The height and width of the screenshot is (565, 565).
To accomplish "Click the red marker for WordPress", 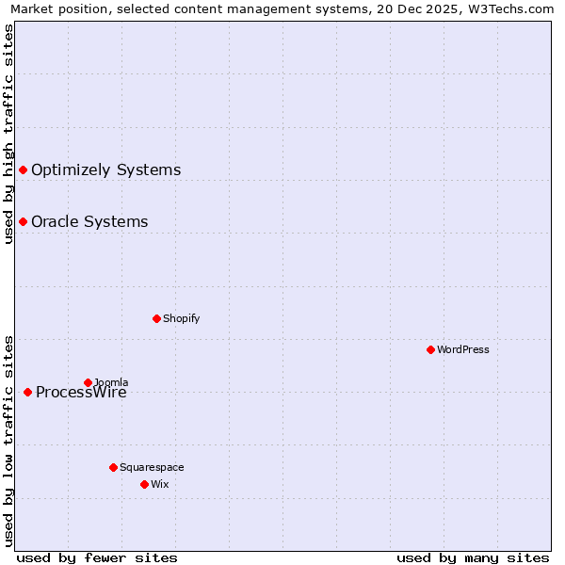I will click(430, 349).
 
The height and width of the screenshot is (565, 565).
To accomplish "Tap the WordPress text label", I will click(463, 349).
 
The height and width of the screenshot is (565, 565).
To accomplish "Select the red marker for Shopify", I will click(156, 318).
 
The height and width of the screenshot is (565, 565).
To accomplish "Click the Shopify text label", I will click(182, 318).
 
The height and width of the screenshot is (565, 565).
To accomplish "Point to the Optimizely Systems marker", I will click(23, 169).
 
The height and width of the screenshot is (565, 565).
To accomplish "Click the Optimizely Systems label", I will click(105, 169).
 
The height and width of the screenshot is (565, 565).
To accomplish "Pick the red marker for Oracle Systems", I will click(23, 221).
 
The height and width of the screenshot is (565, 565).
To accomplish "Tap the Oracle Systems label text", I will click(89, 221).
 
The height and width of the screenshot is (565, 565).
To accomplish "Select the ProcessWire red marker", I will click(27, 392).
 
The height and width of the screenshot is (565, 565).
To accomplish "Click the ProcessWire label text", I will click(81, 393).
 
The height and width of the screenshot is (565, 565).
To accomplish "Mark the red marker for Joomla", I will click(88, 382).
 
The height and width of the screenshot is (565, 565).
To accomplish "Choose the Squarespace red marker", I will click(113, 467).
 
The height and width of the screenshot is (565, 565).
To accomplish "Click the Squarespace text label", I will click(152, 467).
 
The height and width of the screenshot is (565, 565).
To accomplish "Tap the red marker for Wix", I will click(144, 484).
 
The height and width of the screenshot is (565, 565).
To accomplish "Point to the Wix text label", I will click(159, 484).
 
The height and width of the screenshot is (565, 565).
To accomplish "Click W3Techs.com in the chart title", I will click(510, 8).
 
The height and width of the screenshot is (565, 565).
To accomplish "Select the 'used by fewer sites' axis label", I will click(97, 557).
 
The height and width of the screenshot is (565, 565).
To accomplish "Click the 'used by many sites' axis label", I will click(473, 557).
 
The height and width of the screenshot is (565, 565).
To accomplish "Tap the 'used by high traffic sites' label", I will click(8, 134).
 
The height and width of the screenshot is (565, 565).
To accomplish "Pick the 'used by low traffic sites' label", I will click(8, 440).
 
